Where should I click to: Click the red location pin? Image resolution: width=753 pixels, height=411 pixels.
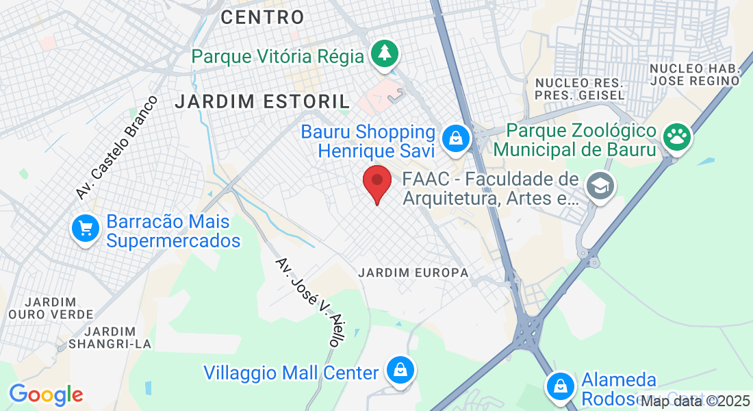(x=376, y=182)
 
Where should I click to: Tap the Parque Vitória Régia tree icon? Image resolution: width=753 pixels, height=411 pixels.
(x=384, y=54)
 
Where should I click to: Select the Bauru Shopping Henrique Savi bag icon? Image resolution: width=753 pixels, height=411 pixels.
(x=455, y=138)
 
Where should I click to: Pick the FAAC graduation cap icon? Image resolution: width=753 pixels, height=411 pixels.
(x=600, y=185)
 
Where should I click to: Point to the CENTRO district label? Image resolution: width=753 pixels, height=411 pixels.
(x=263, y=17)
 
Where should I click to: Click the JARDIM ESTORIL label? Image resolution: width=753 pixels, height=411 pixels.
(x=262, y=102)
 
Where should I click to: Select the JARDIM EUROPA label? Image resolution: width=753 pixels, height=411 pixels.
(x=413, y=273)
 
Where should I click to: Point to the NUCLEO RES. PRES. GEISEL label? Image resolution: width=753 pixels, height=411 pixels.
(x=580, y=88)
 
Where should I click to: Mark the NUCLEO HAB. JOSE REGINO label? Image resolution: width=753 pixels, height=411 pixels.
(x=695, y=75)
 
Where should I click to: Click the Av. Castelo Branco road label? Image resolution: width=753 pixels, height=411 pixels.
(x=116, y=148)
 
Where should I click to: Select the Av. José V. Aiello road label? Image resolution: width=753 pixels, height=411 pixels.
(x=308, y=303)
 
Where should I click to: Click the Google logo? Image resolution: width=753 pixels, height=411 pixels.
(x=46, y=395)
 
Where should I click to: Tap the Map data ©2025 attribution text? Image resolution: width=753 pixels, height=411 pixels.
(x=695, y=401)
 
